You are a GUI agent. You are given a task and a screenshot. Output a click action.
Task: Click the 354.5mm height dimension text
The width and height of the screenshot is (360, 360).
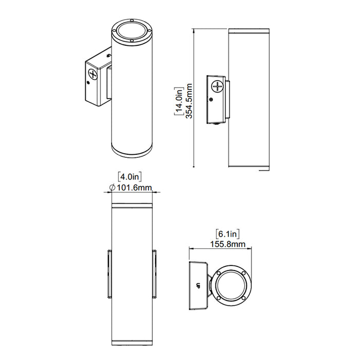coord(189,101)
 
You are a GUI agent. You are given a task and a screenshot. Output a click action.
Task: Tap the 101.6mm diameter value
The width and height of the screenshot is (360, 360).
coord(134,188)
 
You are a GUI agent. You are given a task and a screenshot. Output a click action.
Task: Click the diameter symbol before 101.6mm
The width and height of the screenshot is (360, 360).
coord(112,188)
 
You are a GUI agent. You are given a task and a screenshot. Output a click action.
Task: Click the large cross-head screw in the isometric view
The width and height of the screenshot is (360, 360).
coord(93,73)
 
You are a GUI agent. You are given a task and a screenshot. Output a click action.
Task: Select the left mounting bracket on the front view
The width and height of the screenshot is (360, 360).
coord(109,274)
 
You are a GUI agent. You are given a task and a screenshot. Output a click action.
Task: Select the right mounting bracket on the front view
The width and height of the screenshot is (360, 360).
coord(154,274)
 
